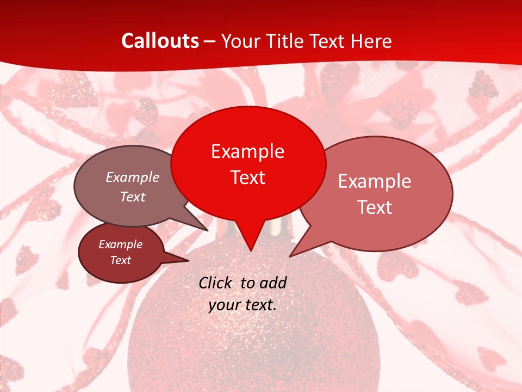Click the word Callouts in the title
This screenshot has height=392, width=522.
(x=160, y=41)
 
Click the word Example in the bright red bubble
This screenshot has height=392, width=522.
(x=247, y=151)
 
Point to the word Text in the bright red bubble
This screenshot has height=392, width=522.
(x=247, y=177)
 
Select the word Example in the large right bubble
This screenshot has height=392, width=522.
(x=374, y=181)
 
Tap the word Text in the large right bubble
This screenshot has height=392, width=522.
(x=374, y=207)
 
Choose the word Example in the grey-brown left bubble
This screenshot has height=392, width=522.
(x=133, y=177)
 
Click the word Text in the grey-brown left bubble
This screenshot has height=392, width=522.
(x=133, y=197)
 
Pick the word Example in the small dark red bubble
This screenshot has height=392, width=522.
(x=120, y=244)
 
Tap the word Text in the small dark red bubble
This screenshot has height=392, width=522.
(x=120, y=260)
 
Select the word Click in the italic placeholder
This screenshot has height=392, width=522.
(x=215, y=283)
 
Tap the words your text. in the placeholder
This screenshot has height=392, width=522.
(x=243, y=305)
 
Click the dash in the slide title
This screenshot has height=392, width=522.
(x=210, y=41)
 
